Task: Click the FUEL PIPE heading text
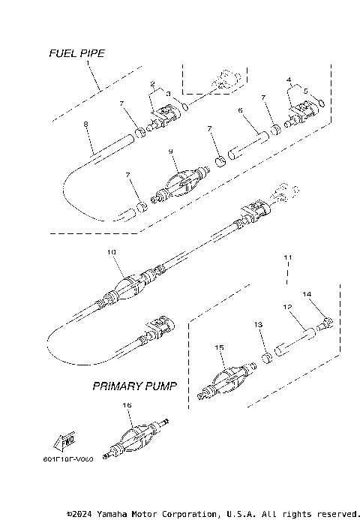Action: point(76,53)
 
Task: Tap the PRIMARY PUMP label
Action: point(134,387)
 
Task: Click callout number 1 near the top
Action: point(88,65)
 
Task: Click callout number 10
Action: point(112,254)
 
